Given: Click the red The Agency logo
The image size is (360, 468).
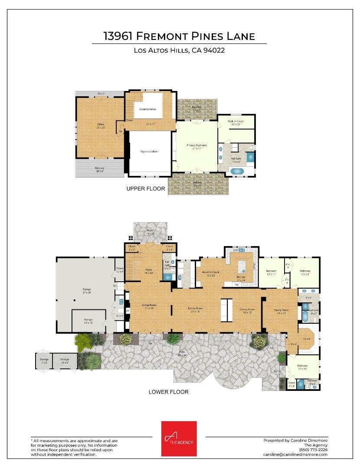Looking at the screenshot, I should (179, 439).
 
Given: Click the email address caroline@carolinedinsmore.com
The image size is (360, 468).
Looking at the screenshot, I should (295, 455).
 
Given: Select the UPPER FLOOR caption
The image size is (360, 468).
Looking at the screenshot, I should (145, 189).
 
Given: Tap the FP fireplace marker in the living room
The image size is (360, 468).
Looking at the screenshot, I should (128, 311).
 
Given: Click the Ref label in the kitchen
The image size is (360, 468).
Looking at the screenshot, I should (237, 285).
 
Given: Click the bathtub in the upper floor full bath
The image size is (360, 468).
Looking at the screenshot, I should (237, 171).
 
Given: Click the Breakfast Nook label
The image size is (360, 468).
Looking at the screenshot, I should (211, 272).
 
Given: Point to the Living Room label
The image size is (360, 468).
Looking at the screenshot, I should (149, 305).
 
